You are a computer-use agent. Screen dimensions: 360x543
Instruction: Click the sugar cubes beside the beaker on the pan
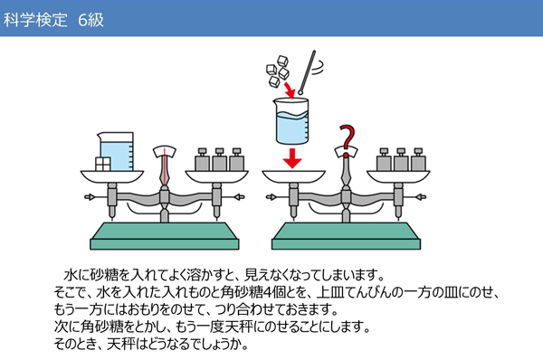(x=102, y=163)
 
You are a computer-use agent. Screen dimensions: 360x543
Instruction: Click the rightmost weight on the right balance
(x=417, y=160)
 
